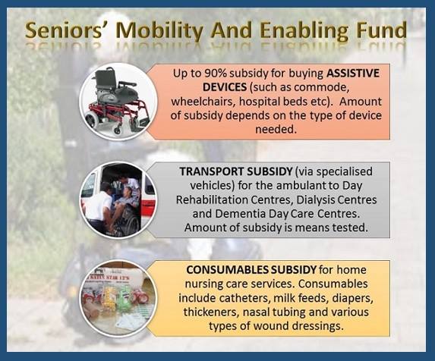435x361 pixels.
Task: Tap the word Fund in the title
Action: tap(381, 30)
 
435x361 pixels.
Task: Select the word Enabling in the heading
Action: tap(304, 30)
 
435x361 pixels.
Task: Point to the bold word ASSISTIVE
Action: tap(353, 74)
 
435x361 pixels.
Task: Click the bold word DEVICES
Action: tap(225, 87)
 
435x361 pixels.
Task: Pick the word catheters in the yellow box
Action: tap(244, 298)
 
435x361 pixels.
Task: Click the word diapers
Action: tap(352, 298)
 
